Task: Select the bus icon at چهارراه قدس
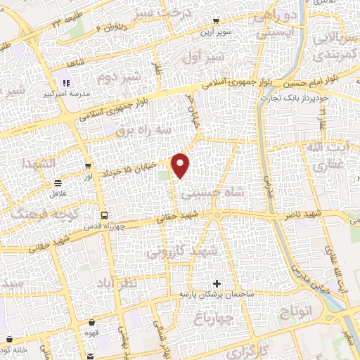(x=105, y=215)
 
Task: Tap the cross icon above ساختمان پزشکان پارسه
(x=217, y=283)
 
